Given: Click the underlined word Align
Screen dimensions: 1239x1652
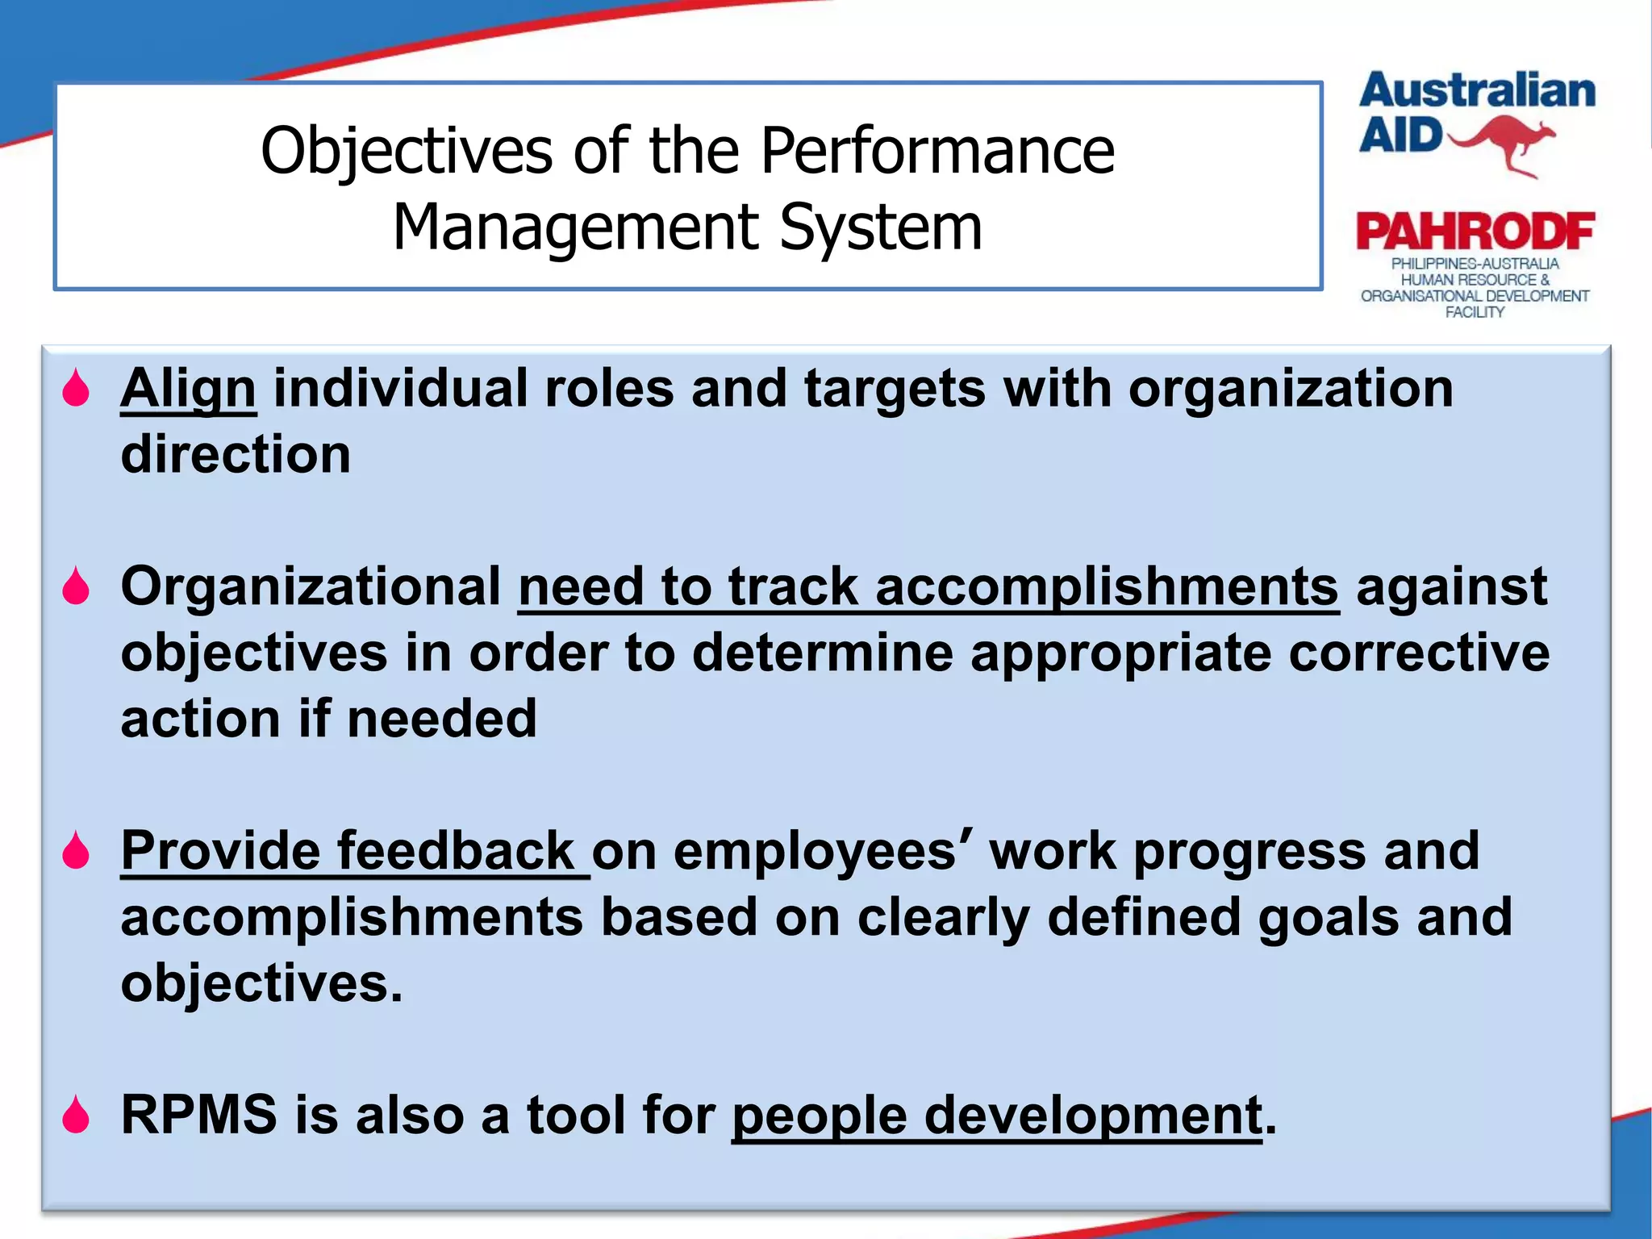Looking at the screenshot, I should point(188,390).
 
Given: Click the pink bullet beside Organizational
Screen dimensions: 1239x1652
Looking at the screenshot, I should point(77,586).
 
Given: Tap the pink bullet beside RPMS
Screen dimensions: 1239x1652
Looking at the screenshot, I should point(77,1115).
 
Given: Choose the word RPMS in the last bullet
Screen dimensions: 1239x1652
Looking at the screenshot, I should point(198,1115).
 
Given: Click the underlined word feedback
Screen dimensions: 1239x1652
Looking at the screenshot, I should point(455,851).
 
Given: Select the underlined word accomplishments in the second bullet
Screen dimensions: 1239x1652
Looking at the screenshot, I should point(1107,586).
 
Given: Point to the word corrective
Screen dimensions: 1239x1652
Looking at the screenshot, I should point(1419,653).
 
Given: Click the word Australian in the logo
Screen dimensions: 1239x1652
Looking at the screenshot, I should point(1476,90).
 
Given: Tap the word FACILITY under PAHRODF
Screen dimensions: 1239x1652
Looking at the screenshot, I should point(1474,312).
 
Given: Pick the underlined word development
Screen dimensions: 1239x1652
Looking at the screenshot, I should point(1093,1116).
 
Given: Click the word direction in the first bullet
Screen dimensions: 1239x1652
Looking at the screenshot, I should point(236,455).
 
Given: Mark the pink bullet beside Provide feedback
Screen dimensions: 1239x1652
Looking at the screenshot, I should point(77,851).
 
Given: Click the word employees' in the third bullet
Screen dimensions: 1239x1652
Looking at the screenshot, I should point(822,851).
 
